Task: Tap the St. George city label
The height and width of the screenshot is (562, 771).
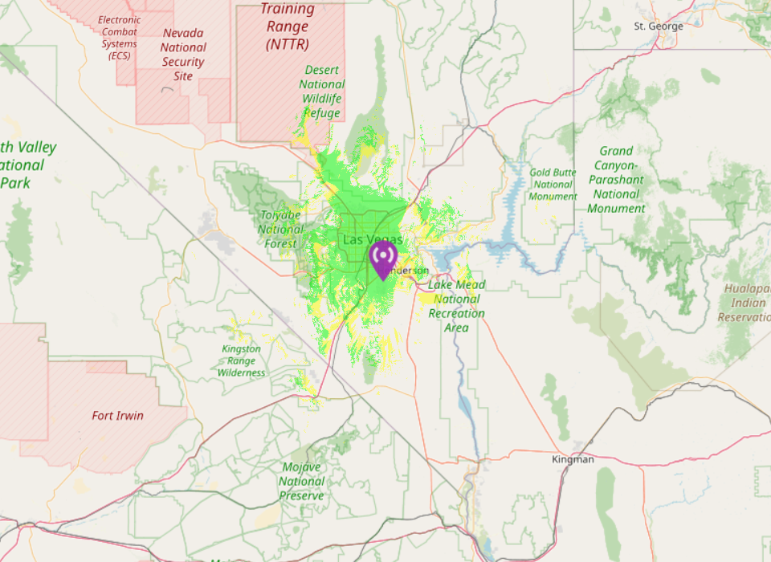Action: point(659,26)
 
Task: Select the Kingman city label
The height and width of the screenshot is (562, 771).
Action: point(573,459)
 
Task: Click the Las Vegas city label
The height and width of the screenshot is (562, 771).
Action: point(372,239)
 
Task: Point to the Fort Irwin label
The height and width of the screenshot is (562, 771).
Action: point(118,415)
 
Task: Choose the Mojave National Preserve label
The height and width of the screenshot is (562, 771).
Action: point(303,482)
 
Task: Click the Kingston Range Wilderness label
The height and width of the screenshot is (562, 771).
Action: point(241,360)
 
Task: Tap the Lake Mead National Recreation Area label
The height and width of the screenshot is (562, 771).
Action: point(456,306)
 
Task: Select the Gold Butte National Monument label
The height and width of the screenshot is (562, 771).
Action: point(553,185)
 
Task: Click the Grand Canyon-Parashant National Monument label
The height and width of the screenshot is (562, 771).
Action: point(616,179)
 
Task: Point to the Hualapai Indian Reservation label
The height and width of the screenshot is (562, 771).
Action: point(744,303)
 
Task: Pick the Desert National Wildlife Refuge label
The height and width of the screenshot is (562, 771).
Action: point(321,92)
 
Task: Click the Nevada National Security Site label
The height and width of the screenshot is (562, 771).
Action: point(183,55)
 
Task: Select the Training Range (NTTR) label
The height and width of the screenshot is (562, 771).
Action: point(288,27)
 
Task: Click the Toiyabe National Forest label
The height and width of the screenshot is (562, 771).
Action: point(280,229)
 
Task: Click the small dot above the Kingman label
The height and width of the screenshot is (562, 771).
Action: point(577,446)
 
